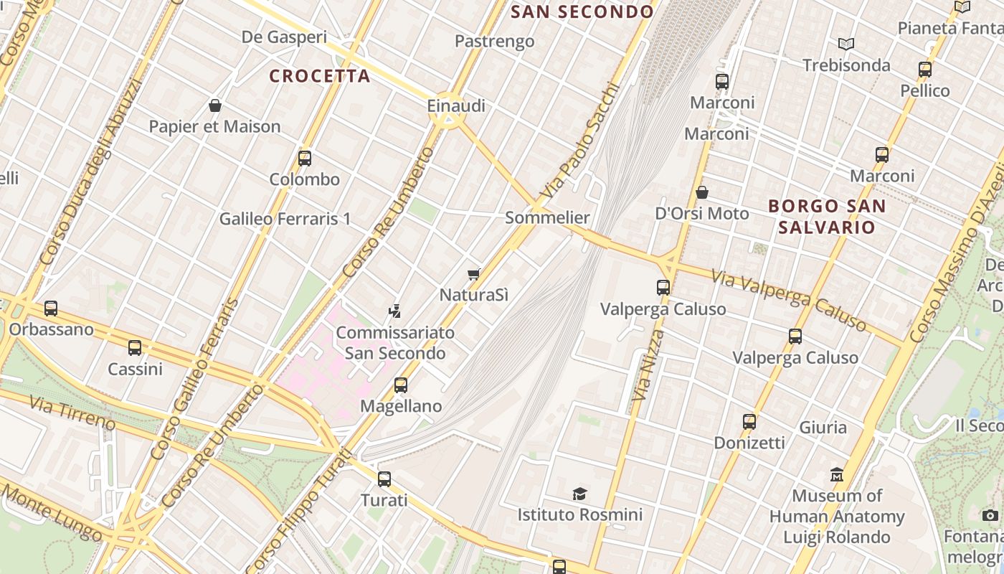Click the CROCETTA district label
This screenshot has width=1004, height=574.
tap(320, 76)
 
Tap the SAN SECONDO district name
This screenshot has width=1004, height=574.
tap(582, 12)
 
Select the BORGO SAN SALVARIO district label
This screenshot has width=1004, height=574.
tap(827, 217)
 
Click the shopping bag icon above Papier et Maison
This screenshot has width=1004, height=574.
tap(214, 106)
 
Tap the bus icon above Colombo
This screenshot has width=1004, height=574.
tap(305, 159)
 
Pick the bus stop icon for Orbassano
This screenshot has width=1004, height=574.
tap(51, 309)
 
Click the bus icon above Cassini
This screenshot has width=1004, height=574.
tap(135, 349)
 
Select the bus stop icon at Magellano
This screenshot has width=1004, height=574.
tap(401, 385)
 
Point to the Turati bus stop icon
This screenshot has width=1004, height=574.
tap(384, 479)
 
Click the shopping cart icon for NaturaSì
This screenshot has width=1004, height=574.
tap(473, 274)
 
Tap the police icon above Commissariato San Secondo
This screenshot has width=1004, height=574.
tap(394, 311)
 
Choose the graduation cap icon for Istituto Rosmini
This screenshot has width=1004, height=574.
tap(579, 494)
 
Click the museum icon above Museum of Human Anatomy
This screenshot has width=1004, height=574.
tap(837, 475)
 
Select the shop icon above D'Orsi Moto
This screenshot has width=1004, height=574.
tap(702, 192)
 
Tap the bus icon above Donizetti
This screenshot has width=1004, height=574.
tap(749, 422)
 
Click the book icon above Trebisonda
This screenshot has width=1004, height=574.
tap(846, 44)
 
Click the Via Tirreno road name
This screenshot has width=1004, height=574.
tap(72, 413)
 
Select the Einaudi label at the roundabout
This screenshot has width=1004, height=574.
tap(456, 106)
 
